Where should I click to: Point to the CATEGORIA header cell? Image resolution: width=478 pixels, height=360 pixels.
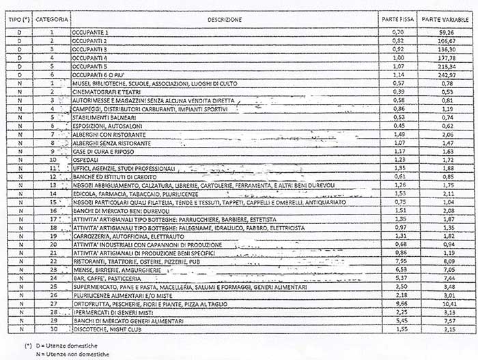click(52, 19)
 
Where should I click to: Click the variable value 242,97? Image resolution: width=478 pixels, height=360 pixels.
click(445, 74)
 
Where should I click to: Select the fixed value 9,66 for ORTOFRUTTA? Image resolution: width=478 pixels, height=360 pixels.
click(397, 303)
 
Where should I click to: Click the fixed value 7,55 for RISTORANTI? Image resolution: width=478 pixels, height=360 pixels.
click(397, 261)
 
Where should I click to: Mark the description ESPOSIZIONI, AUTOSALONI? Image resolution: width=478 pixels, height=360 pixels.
click(103, 126)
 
